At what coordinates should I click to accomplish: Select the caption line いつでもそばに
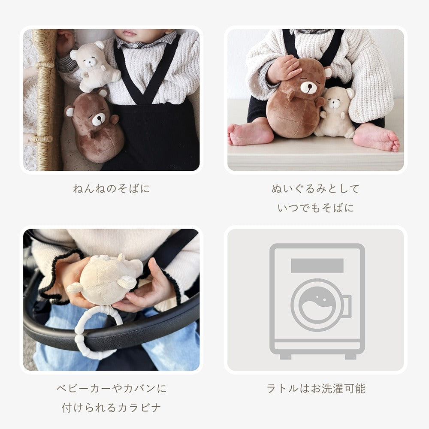click(x=315, y=208)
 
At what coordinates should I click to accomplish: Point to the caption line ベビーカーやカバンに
click(x=112, y=389)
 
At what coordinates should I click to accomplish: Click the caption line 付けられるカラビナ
click(x=112, y=408)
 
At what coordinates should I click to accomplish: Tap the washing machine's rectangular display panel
click(x=317, y=266)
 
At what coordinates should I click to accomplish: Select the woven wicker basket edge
click(x=45, y=99)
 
